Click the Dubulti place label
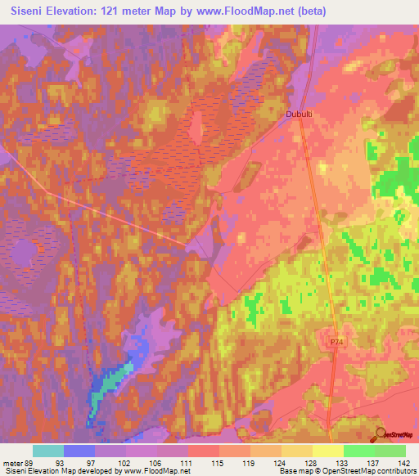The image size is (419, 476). (300, 115)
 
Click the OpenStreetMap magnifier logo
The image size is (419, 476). (381, 435)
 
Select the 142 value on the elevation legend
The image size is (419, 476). (406, 462)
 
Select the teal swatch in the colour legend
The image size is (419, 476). (47, 451)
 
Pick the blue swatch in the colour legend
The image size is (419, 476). (79, 451)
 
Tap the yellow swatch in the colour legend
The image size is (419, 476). (328, 451)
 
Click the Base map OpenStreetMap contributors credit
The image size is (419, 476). (348, 471)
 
